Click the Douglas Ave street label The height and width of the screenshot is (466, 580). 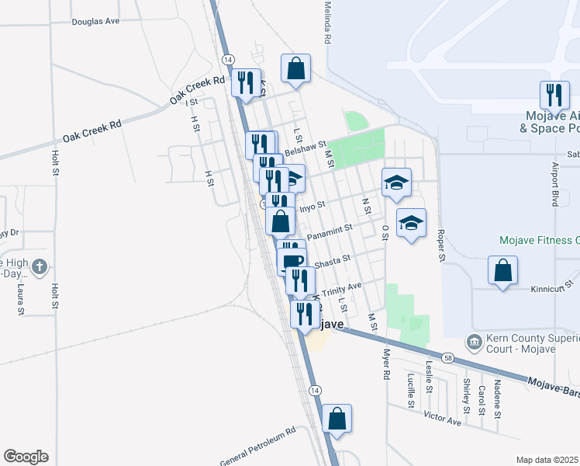(x=95, y=21)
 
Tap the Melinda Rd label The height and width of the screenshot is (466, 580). (x=328, y=23)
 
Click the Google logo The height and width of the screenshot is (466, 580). (x=26, y=457)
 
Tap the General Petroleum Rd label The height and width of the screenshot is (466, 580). (x=258, y=447)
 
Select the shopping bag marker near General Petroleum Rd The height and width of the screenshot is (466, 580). (x=337, y=419)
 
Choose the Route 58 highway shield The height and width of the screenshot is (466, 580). (x=448, y=358)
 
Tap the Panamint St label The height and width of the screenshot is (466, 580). (x=330, y=231)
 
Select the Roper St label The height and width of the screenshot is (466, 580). (x=441, y=244)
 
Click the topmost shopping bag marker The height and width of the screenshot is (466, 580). (x=296, y=69)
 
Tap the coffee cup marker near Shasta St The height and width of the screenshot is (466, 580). (x=292, y=261)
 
